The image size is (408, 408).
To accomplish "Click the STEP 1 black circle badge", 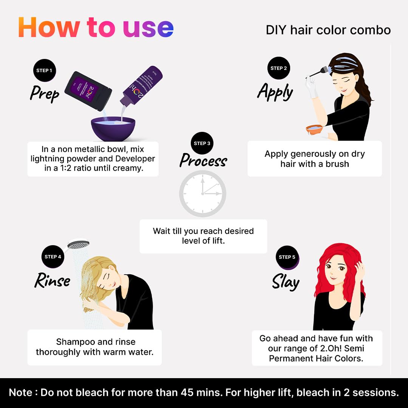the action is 45,71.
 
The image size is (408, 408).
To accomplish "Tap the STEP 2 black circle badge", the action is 279,68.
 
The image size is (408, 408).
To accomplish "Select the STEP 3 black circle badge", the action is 202,144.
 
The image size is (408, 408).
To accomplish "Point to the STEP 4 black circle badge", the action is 53,257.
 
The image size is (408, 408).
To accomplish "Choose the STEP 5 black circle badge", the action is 287,257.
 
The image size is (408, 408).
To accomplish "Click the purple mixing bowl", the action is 113,128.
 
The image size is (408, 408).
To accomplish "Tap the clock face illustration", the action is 203,193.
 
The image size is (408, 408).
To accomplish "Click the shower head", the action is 78,244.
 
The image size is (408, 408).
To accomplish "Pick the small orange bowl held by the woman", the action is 314,129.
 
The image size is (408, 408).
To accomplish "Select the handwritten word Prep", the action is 45,94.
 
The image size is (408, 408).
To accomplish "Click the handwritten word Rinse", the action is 52,280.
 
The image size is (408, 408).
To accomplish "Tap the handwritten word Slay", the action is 286,282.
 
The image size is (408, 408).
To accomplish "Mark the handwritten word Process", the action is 203,160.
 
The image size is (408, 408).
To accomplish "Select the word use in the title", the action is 148,28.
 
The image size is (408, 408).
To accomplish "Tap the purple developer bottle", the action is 141,86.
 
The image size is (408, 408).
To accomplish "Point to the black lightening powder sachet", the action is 88,91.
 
